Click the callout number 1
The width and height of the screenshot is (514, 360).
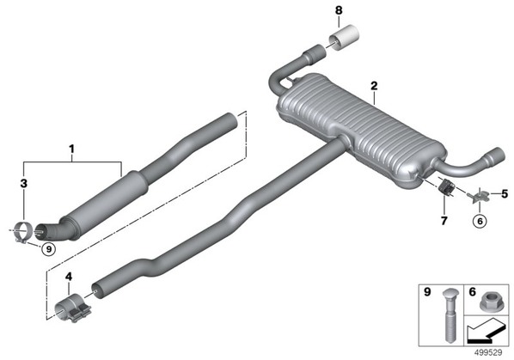click(x=71, y=149)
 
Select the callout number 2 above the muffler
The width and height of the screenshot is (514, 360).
click(x=374, y=86)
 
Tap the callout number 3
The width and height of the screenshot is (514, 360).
click(x=23, y=184)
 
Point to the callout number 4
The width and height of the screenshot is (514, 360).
click(x=69, y=277)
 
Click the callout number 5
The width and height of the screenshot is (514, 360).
click(x=505, y=194)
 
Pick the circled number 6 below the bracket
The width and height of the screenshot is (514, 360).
click(x=480, y=221)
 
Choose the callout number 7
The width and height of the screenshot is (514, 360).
click(x=444, y=221)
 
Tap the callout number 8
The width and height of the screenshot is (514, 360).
click(x=339, y=10)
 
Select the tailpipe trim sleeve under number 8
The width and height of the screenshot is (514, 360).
click(x=343, y=37)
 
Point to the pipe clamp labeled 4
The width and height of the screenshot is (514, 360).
click(x=72, y=308)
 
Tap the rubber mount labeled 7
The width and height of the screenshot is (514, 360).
click(x=446, y=188)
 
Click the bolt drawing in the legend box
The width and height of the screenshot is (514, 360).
click(x=449, y=314)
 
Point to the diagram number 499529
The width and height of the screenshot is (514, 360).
click(x=488, y=352)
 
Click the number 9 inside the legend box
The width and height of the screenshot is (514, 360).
click(x=427, y=291)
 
